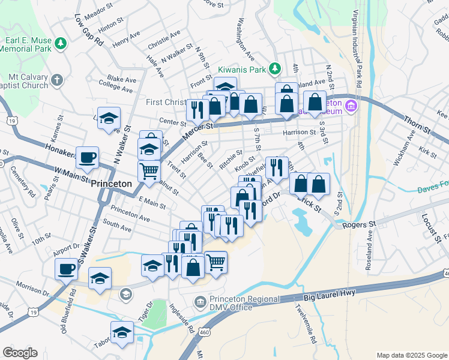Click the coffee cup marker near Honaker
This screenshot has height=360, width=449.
point(88,157)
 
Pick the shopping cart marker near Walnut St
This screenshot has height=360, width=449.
point(149,170)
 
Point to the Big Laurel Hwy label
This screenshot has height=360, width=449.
point(330,294)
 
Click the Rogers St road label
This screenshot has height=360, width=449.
point(358,224)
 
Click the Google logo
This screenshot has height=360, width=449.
point(20,352)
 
